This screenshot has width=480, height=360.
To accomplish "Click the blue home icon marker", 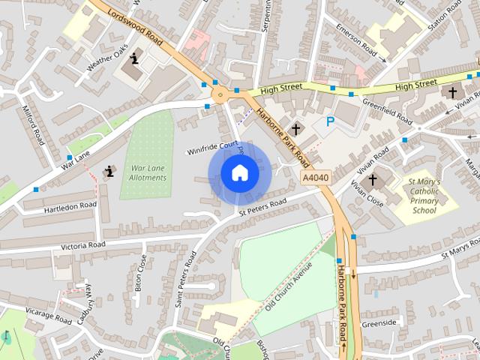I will (x=239, y=173).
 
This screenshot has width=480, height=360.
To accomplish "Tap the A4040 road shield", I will (x=315, y=178).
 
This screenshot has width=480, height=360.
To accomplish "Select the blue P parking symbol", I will (x=330, y=121).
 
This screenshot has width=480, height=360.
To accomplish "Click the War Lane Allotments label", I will (x=147, y=172).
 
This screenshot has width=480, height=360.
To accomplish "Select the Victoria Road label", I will (x=73, y=245).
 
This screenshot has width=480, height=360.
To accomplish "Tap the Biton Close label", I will (x=140, y=272).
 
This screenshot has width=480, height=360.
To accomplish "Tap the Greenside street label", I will (x=378, y=323).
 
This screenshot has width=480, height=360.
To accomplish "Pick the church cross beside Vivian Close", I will (x=373, y=180).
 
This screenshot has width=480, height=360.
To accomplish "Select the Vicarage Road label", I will (x=47, y=316).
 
